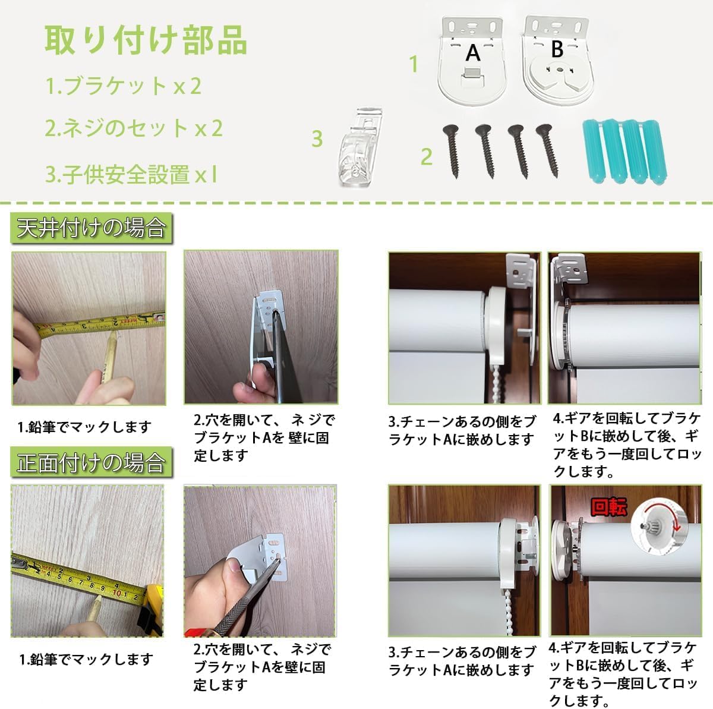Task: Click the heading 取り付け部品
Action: tap(146, 40)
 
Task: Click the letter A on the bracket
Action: tap(472, 53)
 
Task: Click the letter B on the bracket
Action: tap(557, 49)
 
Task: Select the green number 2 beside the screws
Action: tap(427, 157)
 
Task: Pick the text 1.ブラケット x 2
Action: tap(124, 86)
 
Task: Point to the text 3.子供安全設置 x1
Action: tap(131, 175)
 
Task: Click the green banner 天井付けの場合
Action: tap(91, 228)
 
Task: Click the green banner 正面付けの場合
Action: tap(91, 462)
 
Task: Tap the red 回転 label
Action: tap(608, 507)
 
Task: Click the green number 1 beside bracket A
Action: tap(414, 64)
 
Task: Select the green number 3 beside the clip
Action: tap(317, 138)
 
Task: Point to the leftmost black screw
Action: tap(452, 152)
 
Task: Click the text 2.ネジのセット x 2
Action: tap(134, 128)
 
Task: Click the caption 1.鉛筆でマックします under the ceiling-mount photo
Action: tap(84, 427)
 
